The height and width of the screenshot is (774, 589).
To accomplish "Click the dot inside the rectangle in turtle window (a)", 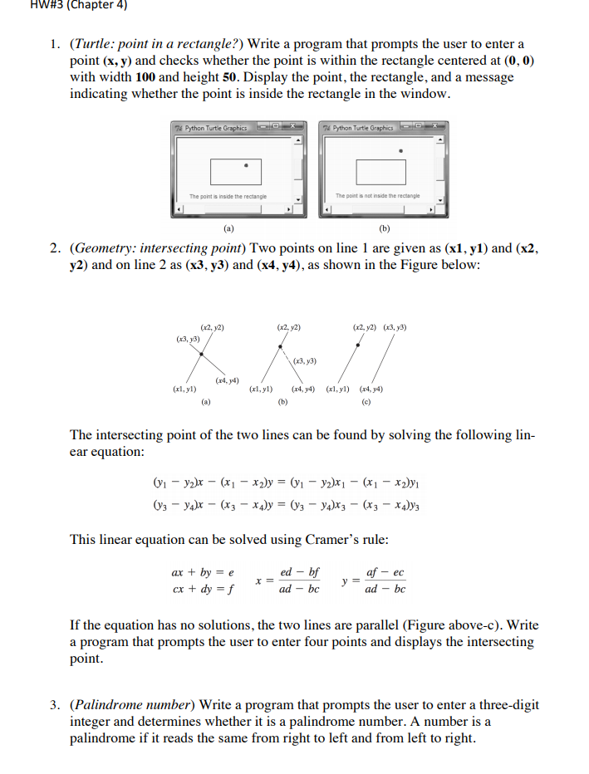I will [247, 164].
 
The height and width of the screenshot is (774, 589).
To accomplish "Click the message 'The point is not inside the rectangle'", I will [377, 196].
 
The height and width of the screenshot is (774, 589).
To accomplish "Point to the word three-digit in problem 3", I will [506, 704].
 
